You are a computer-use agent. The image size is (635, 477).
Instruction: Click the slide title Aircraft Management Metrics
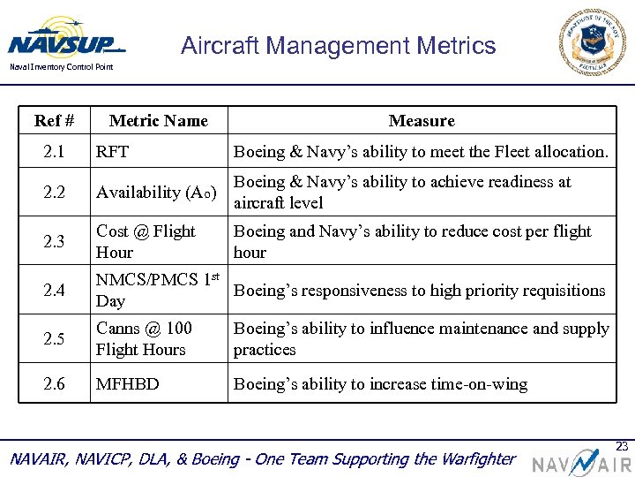point(339,46)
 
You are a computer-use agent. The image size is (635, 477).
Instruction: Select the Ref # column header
point(54,121)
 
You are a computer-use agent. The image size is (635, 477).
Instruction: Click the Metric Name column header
point(159,121)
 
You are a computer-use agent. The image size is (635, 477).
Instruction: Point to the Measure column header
point(422,121)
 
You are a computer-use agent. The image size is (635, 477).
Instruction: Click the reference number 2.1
point(54,152)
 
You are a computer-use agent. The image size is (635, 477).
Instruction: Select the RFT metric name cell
point(113,152)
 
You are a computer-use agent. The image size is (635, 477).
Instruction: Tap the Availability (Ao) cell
point(151,193)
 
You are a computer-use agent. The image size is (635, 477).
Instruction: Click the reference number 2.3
point(54,242)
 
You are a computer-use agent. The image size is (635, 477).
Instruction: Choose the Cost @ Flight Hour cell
point(146,241)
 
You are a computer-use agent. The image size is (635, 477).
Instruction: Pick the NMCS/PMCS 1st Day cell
point(157,290)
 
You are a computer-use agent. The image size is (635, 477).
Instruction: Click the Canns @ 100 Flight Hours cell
point(144,338)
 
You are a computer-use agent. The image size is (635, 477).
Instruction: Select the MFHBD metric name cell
point(128,384)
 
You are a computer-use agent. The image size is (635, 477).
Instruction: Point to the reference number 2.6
point(54,384)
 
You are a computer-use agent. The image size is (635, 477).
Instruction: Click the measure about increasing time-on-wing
point(380,384)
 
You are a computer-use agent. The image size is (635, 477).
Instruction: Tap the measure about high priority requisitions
point(419,290)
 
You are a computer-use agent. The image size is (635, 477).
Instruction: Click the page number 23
point(622,446)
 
